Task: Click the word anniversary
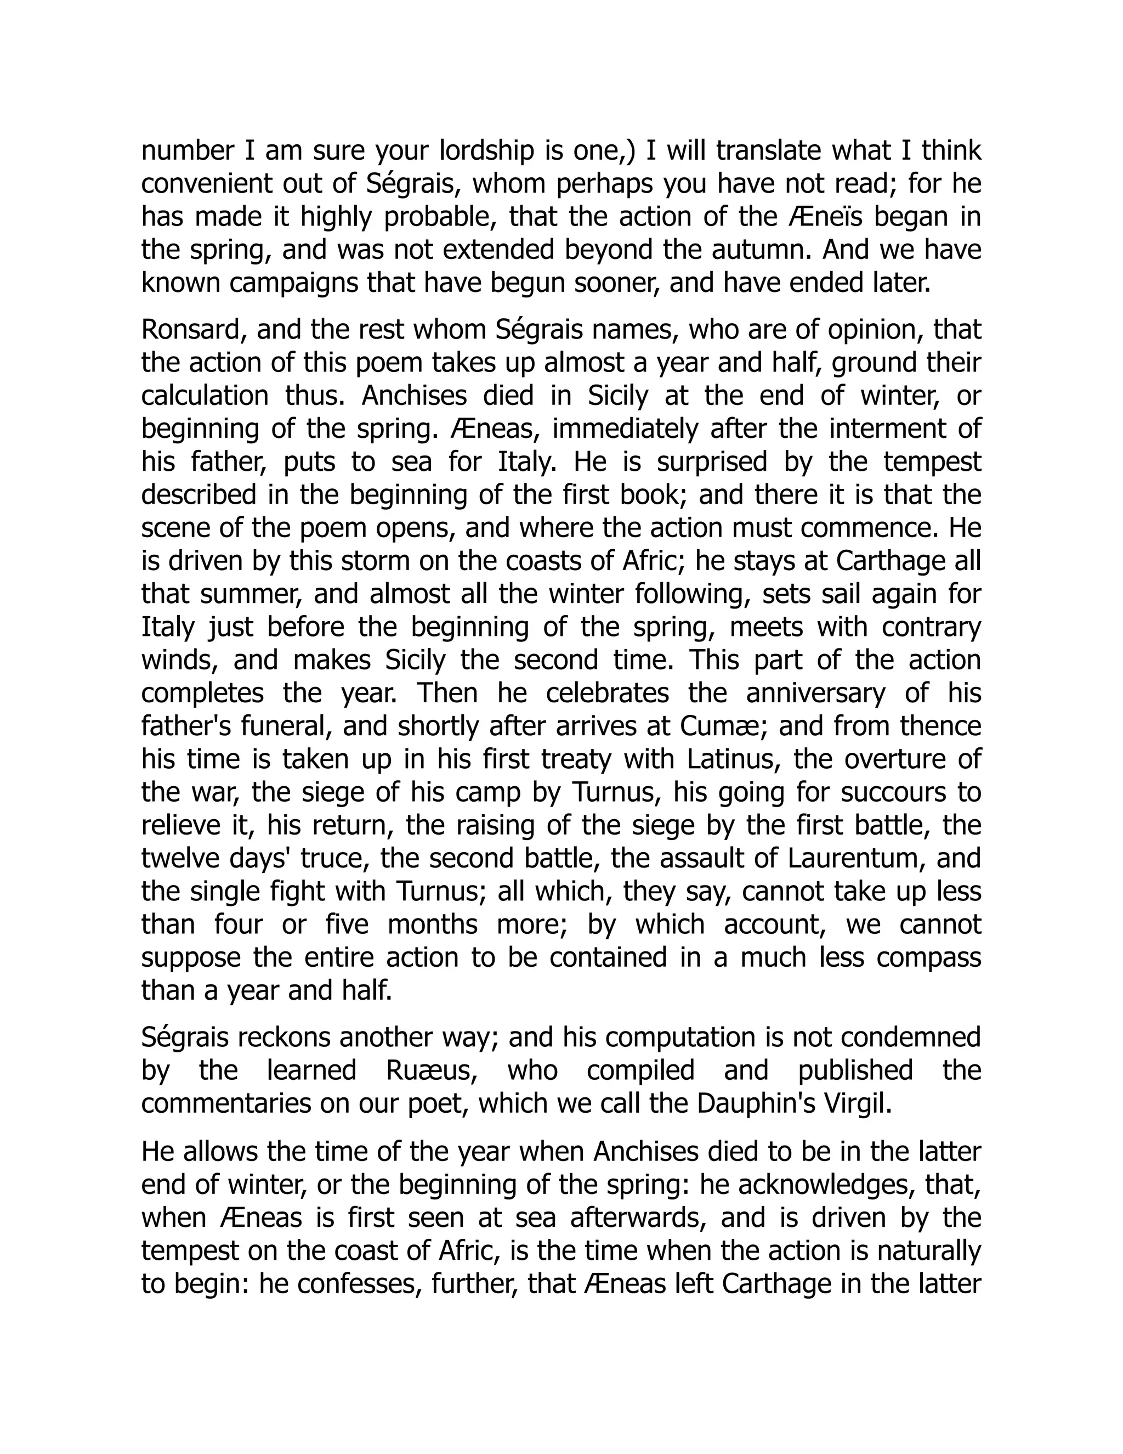click(815, 693)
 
